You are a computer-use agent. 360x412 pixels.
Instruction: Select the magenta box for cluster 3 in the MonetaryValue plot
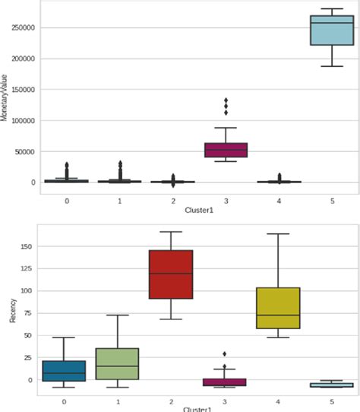point(226,150)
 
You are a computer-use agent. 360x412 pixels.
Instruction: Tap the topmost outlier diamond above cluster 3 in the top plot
point(226,100)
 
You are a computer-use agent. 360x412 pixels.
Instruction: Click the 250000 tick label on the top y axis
point(24,28)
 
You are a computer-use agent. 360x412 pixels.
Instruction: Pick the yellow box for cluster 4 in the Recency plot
point(279,308)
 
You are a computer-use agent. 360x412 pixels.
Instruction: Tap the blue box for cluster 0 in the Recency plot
point(64,370)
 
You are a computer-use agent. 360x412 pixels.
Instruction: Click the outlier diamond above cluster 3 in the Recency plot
point(226,354)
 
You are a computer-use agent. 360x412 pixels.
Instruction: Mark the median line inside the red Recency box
point(172,274)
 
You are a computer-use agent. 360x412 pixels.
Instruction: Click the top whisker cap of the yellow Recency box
point(279,234)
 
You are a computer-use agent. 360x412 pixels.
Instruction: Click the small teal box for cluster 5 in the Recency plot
point(332,385)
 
